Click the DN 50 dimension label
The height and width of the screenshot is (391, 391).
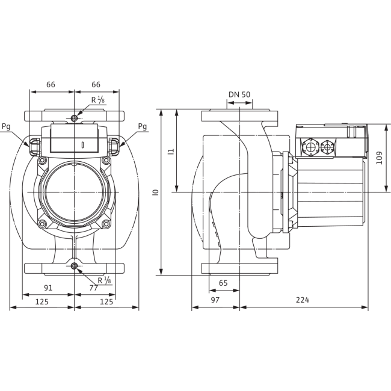pyautogui.click(x=239, y=94)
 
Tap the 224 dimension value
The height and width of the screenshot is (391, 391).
pyautogui.click(x=302, y=300)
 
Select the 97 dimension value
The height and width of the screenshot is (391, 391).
pyautogui.click(x=215, y=300)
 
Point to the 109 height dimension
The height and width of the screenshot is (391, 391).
pyautogui.click(x=379, y=158)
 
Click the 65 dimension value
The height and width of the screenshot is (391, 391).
pyautogui.click(x=223, y=283)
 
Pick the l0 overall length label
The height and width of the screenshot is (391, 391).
pyautogui.click(x=156, y=192)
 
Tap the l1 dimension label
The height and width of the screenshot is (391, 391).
pyautogui.click(x=171, y=152)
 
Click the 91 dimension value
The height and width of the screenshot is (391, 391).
pyautogui.click(x=48, y=288)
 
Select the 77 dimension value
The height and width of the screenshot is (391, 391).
pyautogui.click(x=93, y=288)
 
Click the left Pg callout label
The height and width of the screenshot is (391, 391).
pyautogui.click(x=6, y=126)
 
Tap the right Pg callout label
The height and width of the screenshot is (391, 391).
pyautogui.click(x=143, y=126)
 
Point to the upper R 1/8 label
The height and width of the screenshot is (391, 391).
pyautogui.click(x=97, y=100)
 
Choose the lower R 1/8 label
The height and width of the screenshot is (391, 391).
pyautogui.click(x=104, y=280)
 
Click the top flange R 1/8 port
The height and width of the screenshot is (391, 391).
pyautogui.click(x=74, y=118)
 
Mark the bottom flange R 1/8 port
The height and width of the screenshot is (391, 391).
pyautogui.click(x=74, y=266)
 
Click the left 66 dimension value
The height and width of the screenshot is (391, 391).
pyautogui.click(x=51, y=85)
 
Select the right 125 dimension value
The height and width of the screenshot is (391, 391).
pyautogui.click(x=106, y=302)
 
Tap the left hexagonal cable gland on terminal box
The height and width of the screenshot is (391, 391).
pyautogui.click(x=310, y=147)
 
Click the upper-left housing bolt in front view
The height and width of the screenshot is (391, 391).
pyautogui.click(x=42, y=160)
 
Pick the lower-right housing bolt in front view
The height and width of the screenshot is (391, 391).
pyautogui.click(x=106, y=224)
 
